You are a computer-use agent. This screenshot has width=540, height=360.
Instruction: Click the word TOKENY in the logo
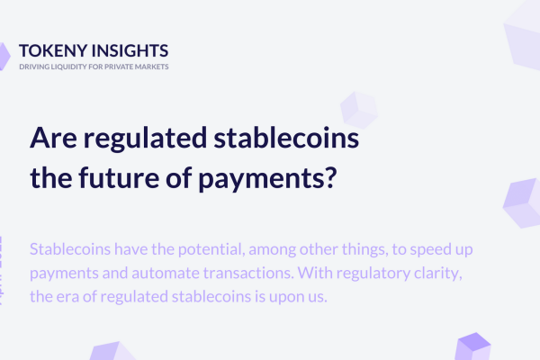click(x=53, y=50)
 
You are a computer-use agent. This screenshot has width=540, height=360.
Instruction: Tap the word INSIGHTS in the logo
click(x=130, y=50)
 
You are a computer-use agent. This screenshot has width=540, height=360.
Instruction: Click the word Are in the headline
click(x=53, y=138)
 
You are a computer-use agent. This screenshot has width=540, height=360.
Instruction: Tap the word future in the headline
click(x=119, y=177)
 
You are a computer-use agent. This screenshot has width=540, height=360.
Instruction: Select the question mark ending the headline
click(x=330, y=177)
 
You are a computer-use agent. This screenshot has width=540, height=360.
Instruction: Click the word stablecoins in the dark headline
click(x=286, y=138)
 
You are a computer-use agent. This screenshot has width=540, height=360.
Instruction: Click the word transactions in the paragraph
click(x=248, y=274)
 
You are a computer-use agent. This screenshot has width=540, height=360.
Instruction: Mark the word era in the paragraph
click(x=65, y=297)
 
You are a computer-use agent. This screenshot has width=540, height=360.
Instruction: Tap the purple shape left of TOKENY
click(x=4, y=56)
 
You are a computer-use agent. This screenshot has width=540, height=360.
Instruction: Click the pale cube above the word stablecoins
click(x=359, y=110)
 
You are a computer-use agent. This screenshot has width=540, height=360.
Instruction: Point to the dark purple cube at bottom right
click(x=472, y=346)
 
